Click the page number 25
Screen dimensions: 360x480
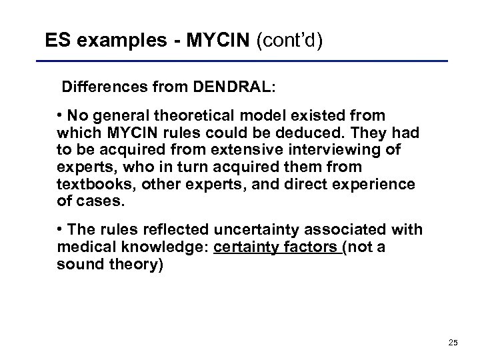point(453,343)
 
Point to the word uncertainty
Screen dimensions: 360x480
point(261,230)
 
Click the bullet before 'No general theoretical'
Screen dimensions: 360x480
point(61,115)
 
